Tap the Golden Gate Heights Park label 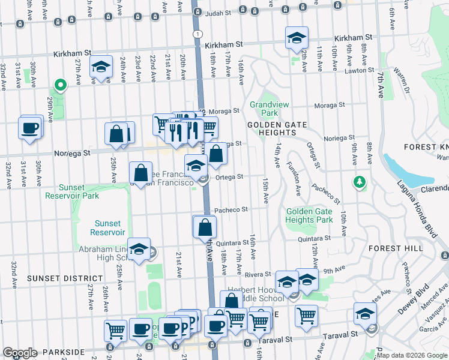coord(309,215)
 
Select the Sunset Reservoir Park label coord(74,191)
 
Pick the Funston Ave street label coord(294,178)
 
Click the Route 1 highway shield coord(197,34)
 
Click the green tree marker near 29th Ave coord(59,86)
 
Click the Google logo coord(20,353)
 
